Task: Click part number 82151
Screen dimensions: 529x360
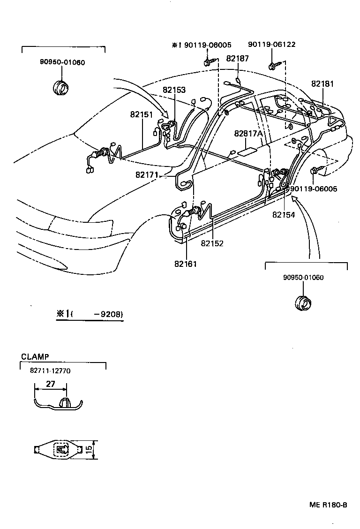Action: tap(142, 114)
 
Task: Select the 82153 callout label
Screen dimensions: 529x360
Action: tap(174, 90)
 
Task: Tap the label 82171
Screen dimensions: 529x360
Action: tap(147, 174)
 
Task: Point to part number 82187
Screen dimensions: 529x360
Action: tap(238, 58)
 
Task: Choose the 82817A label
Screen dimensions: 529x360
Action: tap(248, 134)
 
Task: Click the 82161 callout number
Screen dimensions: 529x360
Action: tap(186, 264)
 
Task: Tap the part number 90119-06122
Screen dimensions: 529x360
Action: tap(272, 45)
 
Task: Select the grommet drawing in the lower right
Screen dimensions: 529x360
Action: tap(303, 302)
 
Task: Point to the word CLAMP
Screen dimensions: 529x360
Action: tap(35, 356)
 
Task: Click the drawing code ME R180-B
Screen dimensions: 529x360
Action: tap(328, 505)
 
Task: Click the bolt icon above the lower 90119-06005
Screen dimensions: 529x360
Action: tap(316, 171)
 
